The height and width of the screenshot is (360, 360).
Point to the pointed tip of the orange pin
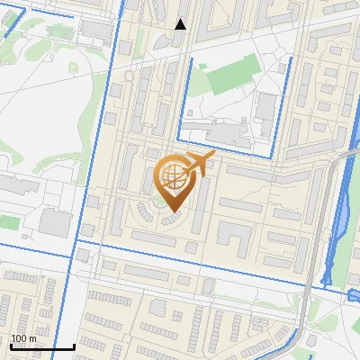[173, 212]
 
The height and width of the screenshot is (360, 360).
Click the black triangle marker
[180, 24]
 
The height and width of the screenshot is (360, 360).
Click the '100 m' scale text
[23, 338]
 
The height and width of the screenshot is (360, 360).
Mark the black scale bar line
[41, 347]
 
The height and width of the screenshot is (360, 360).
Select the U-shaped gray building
[233, 237]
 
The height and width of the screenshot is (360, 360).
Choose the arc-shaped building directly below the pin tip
[170, 220]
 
